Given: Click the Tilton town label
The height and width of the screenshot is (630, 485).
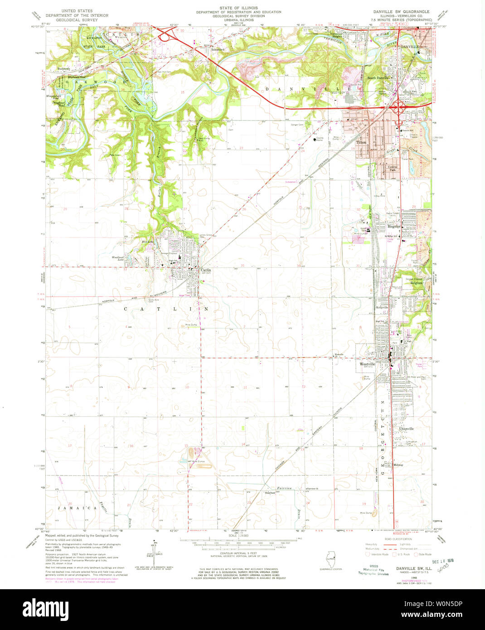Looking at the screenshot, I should click(361, 142).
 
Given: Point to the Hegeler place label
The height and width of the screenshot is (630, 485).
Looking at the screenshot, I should click(393, 226).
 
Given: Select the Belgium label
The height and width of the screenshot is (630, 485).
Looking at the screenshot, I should click(416, 283).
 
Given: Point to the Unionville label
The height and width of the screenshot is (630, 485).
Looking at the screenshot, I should click(407, 428).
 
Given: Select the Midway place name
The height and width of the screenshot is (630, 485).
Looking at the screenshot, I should click(398, 465).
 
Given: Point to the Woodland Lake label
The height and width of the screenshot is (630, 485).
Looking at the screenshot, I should click(118, 258).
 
